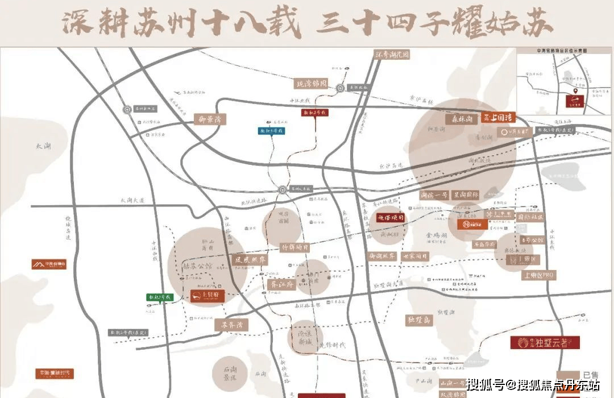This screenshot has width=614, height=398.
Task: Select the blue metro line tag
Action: coord(271,131)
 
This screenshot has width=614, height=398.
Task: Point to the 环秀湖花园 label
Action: coord(392,55)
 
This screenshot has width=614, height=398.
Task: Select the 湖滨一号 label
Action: coord(434,195)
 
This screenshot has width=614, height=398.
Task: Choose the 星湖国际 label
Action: coord(465,195)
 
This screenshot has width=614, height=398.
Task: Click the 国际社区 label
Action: coord(530,217)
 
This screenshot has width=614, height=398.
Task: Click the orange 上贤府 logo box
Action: coord(207,296)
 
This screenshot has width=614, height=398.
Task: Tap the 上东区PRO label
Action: coord(538,275)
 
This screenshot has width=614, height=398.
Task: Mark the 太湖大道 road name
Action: coord(133,201)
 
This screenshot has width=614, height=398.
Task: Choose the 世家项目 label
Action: coord(416,256)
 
